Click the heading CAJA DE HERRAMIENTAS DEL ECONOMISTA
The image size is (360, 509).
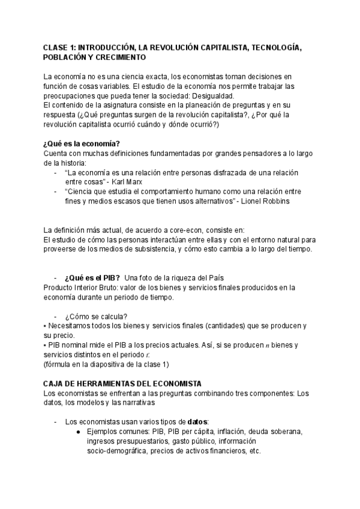pos(122,384)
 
